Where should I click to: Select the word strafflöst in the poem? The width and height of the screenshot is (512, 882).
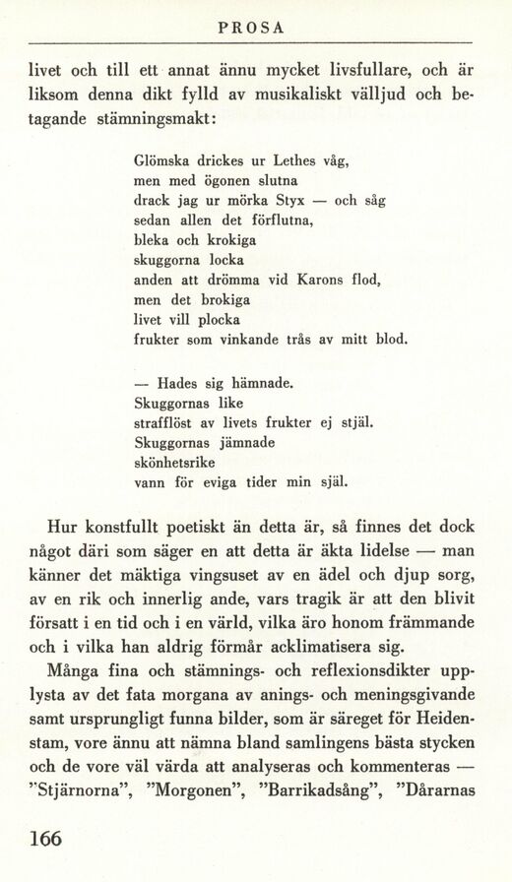[165, 423]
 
